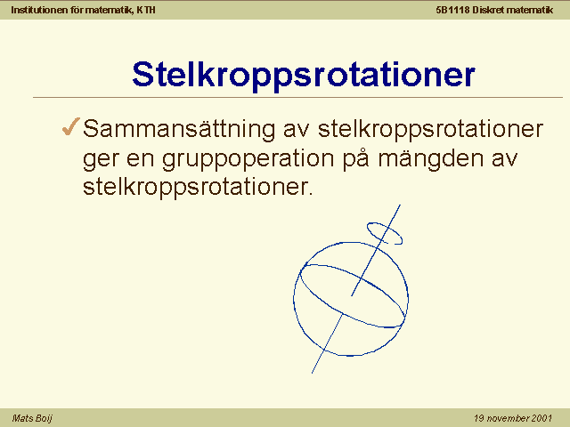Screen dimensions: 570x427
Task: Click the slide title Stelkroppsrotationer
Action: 304,76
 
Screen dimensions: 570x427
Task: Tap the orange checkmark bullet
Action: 71,126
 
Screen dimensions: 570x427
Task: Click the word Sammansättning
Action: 179,129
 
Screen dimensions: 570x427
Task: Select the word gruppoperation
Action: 248,159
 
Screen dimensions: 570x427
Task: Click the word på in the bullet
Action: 356,158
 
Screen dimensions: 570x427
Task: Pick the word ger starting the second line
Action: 101,160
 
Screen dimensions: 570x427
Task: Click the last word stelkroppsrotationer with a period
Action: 198,188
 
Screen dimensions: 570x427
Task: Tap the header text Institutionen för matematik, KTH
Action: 83,10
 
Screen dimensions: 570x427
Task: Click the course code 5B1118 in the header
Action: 452,10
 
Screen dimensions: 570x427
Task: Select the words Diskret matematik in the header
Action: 513,10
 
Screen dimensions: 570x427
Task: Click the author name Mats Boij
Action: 32,418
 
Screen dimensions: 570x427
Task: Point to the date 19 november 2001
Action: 513,418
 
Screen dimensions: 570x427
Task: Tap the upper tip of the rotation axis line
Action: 400,205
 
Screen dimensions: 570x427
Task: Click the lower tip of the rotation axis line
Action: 312,373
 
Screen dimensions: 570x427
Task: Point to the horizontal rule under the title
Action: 297,97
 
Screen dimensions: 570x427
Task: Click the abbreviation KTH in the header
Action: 146,10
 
